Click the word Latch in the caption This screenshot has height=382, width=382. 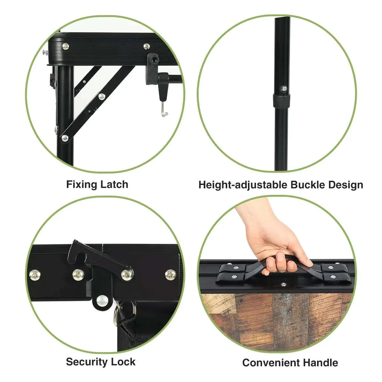[114, 184]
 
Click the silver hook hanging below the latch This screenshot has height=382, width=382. [164, 110]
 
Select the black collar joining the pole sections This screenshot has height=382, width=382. [281, 100]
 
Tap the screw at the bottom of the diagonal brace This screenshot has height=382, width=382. [65, 138]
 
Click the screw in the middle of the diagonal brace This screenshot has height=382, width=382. [102, 96]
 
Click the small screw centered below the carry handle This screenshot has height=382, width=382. [284, 285]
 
